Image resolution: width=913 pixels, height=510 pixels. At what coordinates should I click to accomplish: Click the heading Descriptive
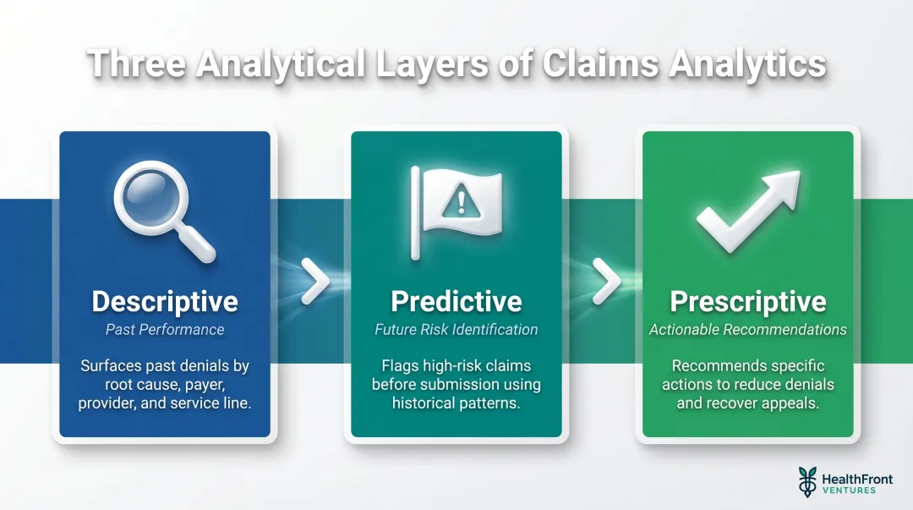[x=165, y=302]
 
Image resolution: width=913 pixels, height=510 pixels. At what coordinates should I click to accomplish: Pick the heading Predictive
[x=456, y=302]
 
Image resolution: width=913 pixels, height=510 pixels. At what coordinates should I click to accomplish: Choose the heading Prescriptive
[x=748, y=302]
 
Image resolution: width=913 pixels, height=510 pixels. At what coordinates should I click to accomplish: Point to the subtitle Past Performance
[x=165, y=329]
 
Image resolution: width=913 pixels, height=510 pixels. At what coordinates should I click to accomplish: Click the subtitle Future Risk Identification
[x=456, y=329]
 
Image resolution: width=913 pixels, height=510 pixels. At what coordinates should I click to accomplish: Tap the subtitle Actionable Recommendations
[x=748, y=329]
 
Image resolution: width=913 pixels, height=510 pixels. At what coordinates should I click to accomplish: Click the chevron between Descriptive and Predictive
[x=315, y=282]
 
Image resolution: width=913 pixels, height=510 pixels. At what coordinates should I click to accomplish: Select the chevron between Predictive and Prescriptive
[x=606, y=282]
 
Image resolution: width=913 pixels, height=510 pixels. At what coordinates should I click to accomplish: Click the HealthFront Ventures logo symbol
[x=807, y=481]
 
